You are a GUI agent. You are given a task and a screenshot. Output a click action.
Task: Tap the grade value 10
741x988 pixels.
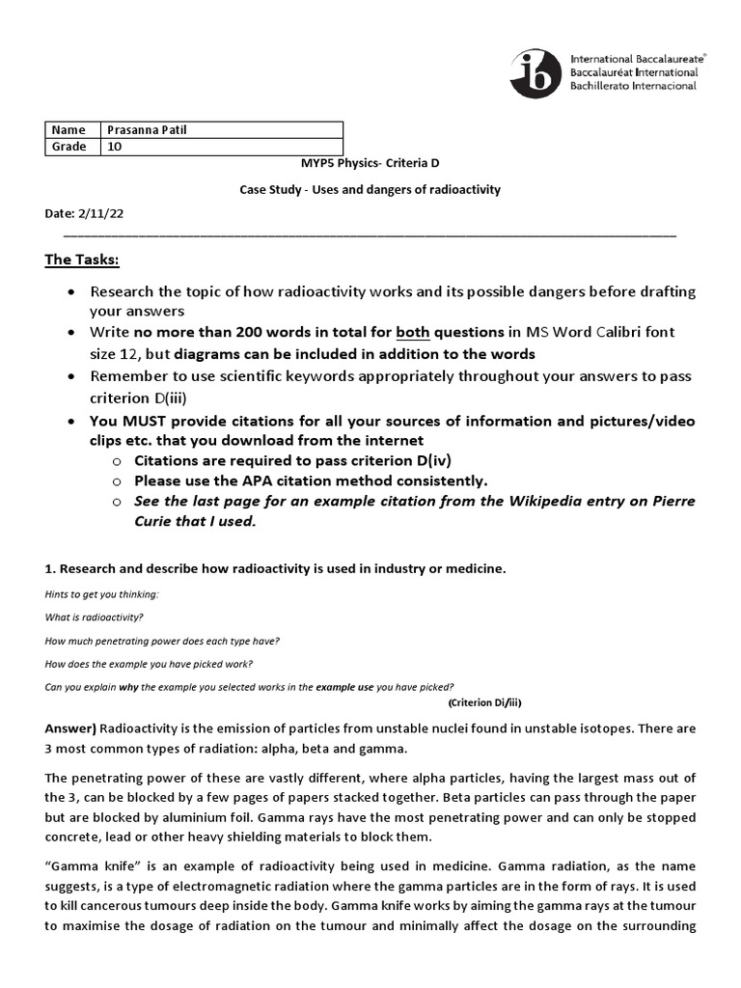click(x=115, y=147)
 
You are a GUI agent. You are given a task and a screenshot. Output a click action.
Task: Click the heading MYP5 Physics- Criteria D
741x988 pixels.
click(x=370, y=165)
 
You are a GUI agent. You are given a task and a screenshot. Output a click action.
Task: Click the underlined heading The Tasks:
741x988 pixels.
click(x=82, y=260)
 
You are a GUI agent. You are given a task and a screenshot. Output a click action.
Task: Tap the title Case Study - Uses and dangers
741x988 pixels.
click(x=370, y=190)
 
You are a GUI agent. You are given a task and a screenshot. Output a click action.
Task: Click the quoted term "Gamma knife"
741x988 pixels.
click(x=91, y=867)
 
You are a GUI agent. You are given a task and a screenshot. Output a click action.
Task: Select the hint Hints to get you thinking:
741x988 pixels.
click(x=101, y=594)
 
